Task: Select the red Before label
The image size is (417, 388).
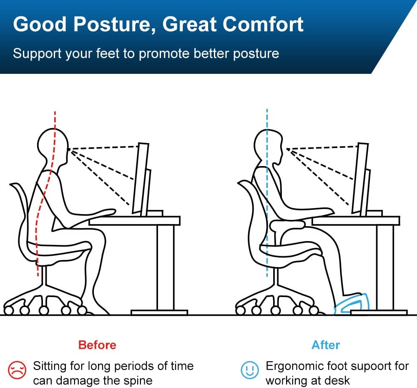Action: (x=97, y=345)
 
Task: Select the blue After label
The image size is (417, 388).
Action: (x=326, y=345)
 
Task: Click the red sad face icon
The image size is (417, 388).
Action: (x=18, y=370)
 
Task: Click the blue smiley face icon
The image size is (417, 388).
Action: (x=250, y=370)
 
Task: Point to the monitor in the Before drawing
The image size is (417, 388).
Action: (x=141, y=179)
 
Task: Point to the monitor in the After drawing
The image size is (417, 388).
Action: (x=361, y=179)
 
